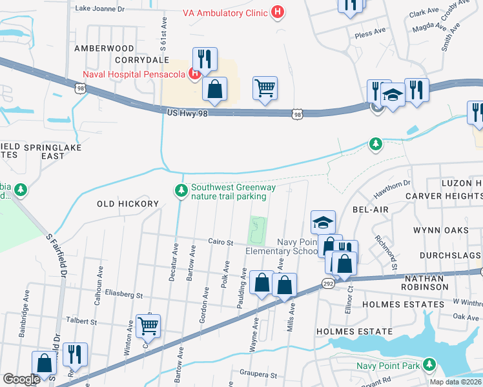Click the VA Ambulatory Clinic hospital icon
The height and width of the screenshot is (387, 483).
(278, 12)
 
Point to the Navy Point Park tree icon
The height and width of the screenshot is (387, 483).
(430, 366)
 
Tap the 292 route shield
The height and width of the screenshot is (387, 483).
(328, 283)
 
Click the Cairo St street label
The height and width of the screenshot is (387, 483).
(220, 242)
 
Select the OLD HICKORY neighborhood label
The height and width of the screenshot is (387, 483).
(127, 204)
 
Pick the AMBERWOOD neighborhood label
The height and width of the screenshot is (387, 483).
(104, 48)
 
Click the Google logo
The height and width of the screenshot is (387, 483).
(21, 379)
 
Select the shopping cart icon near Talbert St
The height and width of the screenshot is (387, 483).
(149, 326)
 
